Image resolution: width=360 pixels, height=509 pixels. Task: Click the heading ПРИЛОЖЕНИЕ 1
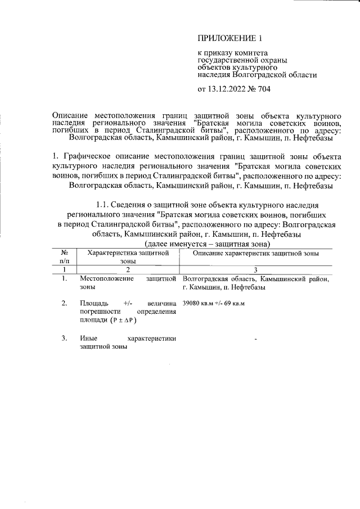(230, 38)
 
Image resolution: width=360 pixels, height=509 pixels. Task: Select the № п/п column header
(65, 257)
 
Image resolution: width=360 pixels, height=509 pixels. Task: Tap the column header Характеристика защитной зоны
(128, 257)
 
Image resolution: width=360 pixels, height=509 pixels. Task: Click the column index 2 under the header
(128, 269)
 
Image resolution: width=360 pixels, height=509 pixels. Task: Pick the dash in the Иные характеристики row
(255, 340)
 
